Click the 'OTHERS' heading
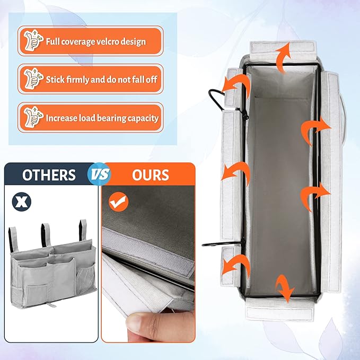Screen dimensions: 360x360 [x=49, y=174]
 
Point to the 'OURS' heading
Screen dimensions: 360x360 [x=151, y=174]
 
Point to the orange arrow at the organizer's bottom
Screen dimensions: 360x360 [x=285, y=287]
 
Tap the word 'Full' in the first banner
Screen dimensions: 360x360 [x=53, y=41]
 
